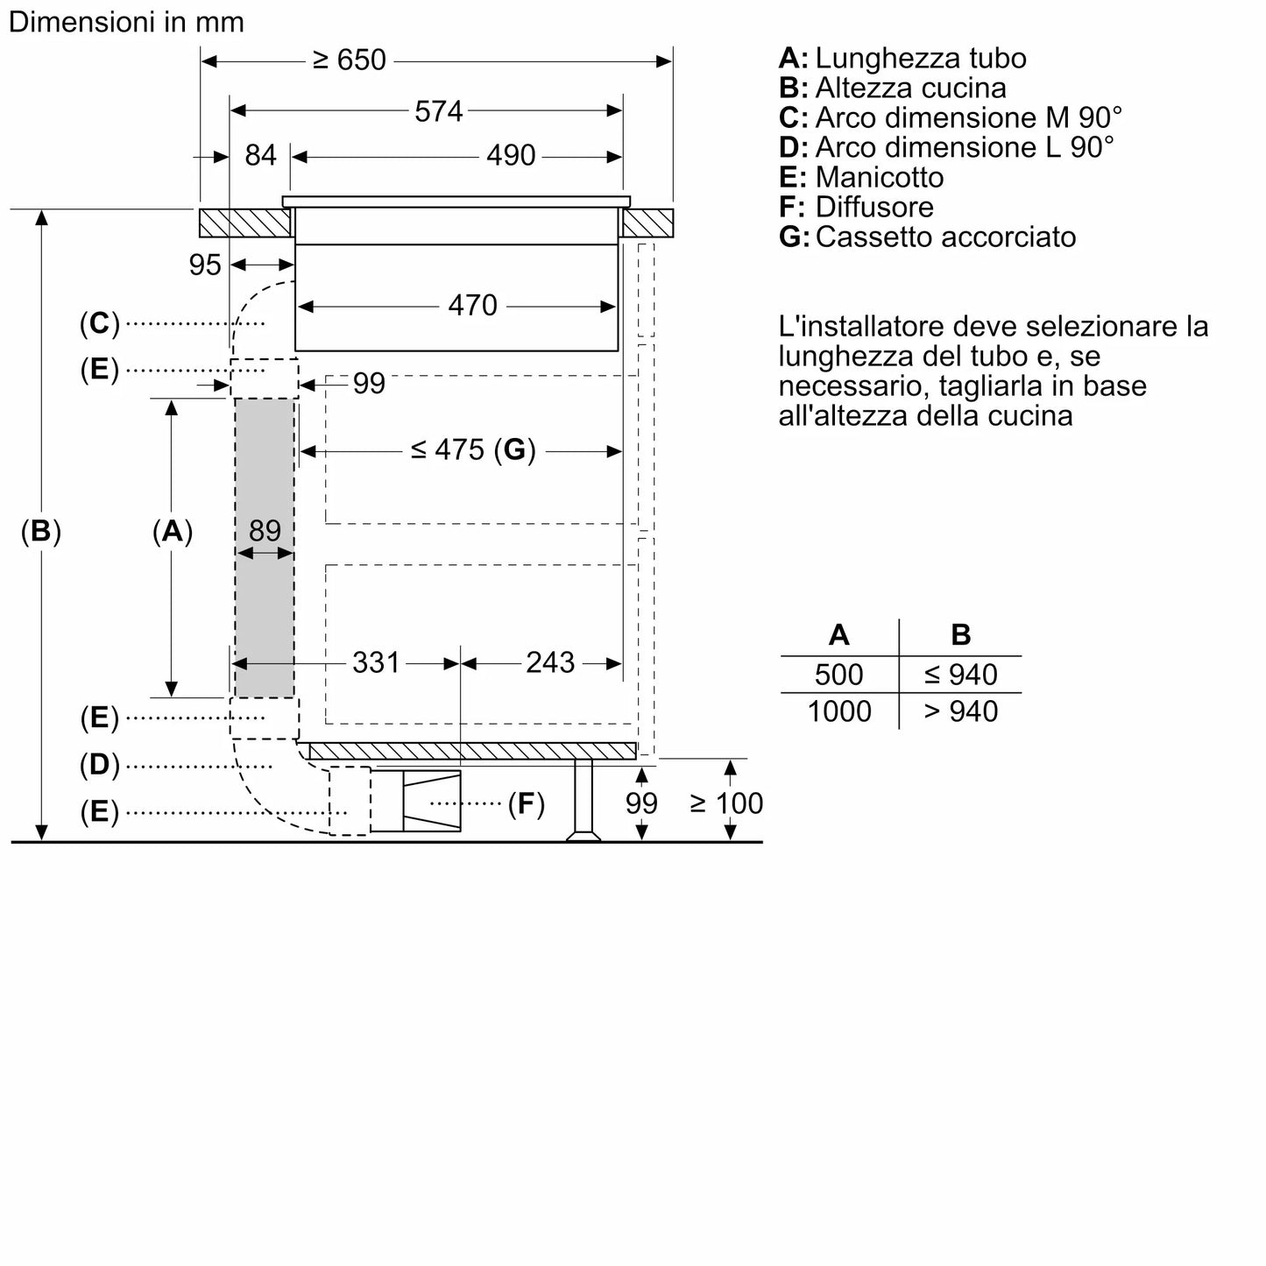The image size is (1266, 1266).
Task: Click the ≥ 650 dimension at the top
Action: click(x=350, y=60)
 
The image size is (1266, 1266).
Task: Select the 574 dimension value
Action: click(x=438, y=111)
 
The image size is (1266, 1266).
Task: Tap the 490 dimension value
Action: click(x=511, y=156)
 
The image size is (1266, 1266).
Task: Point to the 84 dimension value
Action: click(x=260, y=156)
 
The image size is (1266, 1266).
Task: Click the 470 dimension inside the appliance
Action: click(x=472, y=306)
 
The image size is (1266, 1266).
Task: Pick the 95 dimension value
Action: click(x=205, y=265)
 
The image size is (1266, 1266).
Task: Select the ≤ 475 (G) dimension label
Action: click(x=472, y=450)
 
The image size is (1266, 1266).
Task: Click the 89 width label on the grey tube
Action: click(x=265, y=531)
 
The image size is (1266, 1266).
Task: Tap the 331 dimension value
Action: click(x=376, y=662)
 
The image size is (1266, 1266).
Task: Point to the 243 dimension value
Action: click(x=550, y=662)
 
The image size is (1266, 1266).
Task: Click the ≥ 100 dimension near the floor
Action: click(x=726, y=803)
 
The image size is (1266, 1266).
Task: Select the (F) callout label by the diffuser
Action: click(x=526, y=803)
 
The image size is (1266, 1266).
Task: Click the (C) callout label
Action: click(x=99, y=323)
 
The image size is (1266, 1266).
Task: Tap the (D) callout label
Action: click(x=99, y=765)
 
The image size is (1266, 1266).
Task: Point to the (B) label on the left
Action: click(x=41, y=532)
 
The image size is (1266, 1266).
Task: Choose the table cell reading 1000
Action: click(x=838, y=711)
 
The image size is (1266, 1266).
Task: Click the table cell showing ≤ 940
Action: click(x=960, y=675)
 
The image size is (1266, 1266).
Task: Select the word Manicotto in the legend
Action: click(x=879, y=177)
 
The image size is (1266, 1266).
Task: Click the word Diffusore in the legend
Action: click(x=873, y=207)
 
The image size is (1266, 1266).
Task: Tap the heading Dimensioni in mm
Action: click(x=126, y=22)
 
